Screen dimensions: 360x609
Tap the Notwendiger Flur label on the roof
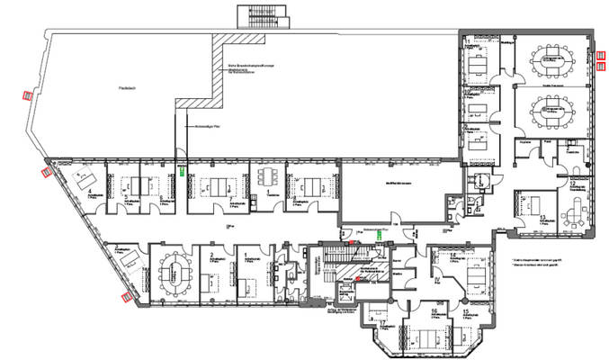pos(208,128)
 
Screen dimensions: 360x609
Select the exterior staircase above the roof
pos(262,16)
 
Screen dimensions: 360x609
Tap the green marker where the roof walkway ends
pos(182,168)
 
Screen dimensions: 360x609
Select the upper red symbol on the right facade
pos(602,55)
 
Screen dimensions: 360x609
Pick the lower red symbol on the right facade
pos(602,64)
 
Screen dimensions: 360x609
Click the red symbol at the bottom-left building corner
pos(126,294)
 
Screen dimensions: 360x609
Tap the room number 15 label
pos(466,313)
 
